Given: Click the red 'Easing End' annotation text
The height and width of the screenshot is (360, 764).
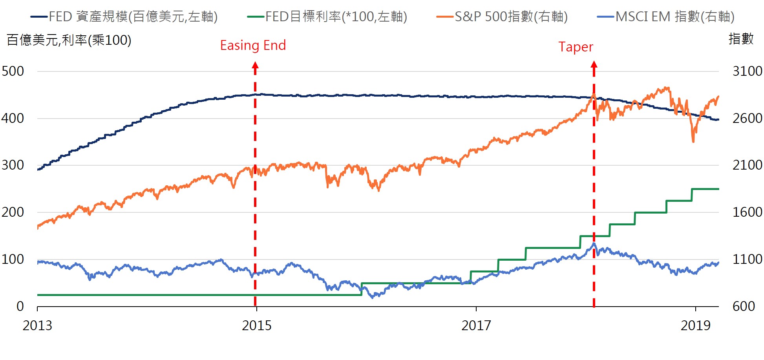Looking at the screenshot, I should (253, 46).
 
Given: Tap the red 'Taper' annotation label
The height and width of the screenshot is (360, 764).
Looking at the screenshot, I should (576, 47).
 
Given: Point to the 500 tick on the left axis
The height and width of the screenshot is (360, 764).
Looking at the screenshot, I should (13, 71).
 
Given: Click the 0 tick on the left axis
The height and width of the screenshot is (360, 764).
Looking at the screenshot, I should (20, 306).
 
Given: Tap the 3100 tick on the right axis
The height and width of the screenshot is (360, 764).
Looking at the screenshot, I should (747, 71).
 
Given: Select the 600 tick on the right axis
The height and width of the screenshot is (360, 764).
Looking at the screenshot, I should (744, 306).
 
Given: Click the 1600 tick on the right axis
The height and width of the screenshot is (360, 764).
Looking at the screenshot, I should (747, 212).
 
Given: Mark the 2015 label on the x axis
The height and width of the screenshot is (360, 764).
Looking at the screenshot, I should (256, 325).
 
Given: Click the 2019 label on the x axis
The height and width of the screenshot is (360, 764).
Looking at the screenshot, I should (695, 325).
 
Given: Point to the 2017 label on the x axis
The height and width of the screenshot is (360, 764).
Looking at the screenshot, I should (476, 325).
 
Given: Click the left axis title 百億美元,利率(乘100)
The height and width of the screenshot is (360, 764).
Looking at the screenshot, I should (69, 40).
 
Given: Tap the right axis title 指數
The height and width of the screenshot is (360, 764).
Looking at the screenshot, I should (741, 39).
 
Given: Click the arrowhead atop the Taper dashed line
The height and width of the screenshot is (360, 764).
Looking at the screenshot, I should (594, 65).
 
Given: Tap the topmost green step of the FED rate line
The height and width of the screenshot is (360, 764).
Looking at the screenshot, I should (705, 189).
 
